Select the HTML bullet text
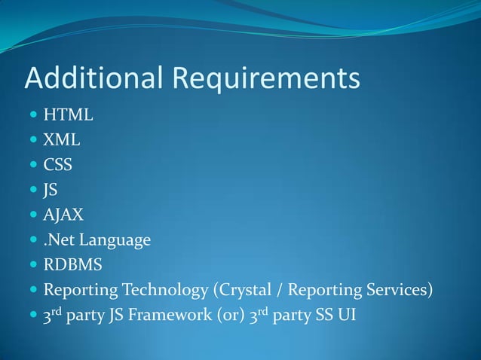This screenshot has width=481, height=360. (69, 116)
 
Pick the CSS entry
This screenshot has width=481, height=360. (58, 166)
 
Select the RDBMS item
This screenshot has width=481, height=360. (72, 265)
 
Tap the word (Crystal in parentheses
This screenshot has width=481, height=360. (244, 290)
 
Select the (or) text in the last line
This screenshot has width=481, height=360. (231, 315)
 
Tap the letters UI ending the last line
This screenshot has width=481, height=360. (348, 315)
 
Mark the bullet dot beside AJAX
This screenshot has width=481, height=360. (32, 216)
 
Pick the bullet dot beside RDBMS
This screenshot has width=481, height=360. (32, 266)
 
